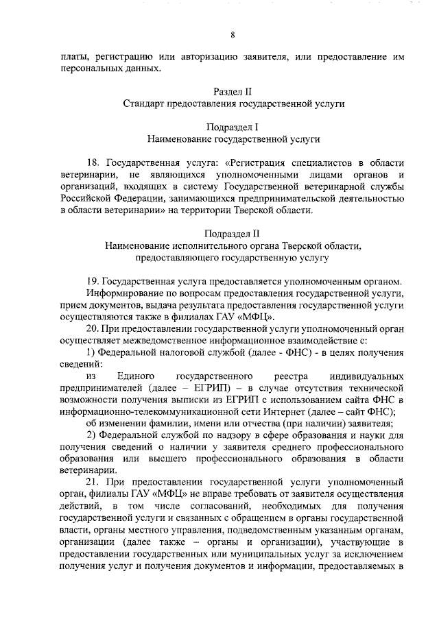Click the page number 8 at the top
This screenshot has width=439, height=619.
(x=233, y=36)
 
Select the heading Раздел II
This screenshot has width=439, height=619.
(x=233, y=91)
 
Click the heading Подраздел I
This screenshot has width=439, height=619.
(x=233, y=127)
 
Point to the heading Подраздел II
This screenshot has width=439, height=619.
(x=233, y=233)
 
